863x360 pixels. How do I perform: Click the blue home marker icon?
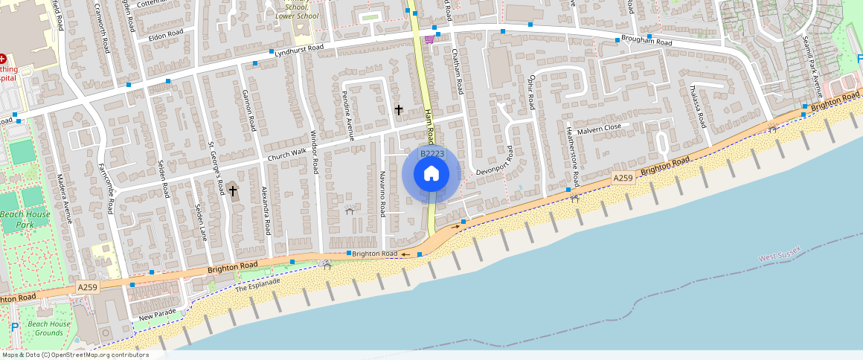tap(431, 174)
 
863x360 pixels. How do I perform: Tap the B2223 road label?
tap(432, 154)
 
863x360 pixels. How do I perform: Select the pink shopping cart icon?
tap(430, 39)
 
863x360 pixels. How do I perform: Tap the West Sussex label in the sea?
tap(780, 254)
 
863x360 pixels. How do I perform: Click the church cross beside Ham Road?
tap(399, 110)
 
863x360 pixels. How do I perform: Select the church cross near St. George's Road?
tap(233, 191)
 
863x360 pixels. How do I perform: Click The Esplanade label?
tap(257, 285)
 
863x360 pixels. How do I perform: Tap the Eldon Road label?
tap(165, 34)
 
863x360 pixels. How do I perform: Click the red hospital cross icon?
tap(3, 58)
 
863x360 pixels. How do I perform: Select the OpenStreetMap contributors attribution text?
tap(75, 355)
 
